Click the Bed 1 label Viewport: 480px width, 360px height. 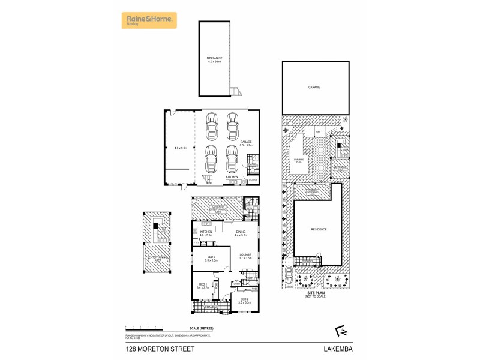click(x=202, y=286)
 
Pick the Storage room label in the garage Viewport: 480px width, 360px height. click(x=253, y=179)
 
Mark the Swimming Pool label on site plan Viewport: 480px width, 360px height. click(x=298, y=160)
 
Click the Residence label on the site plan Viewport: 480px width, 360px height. click(x=318, y=229)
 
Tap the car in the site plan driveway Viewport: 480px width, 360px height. click(x=289, y=275)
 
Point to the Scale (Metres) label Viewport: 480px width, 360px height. click(x=201, y=329)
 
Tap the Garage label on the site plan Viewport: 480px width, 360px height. click(x=314, y=88)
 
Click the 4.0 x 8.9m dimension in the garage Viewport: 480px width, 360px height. click(x=181, y=148)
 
